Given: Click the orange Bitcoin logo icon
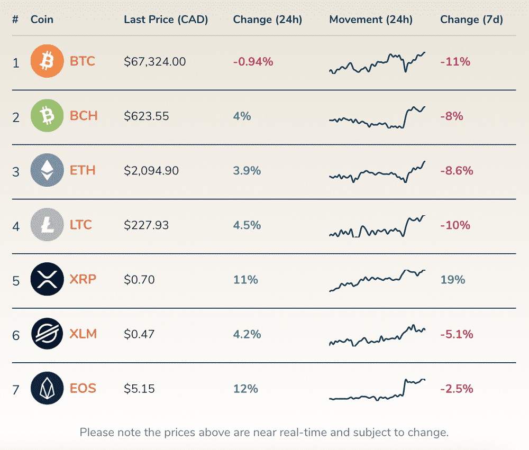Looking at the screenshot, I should point(47,61).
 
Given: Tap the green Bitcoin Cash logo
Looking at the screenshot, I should point(47,115).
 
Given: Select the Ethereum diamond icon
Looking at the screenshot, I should point(47,170).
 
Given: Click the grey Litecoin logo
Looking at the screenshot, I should point(47,225).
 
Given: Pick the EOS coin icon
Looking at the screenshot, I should point(47,389).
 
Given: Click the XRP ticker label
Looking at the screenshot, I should point(83,279).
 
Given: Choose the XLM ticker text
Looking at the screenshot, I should point(83,334).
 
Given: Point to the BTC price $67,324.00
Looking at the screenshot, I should point(155,61).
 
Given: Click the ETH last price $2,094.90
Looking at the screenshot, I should point(151,171).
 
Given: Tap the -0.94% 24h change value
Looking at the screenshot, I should point(253,61).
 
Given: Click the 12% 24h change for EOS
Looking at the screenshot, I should point(245,389).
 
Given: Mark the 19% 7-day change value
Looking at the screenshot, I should point(452,280).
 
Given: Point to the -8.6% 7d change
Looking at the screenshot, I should point(457,171).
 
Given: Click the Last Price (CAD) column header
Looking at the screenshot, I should point(166,20).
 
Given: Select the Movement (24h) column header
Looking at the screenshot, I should point(370,20).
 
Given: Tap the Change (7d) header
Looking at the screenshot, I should point(471,20).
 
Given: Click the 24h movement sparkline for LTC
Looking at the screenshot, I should point(377,227).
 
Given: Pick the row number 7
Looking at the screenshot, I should point(16,390).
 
